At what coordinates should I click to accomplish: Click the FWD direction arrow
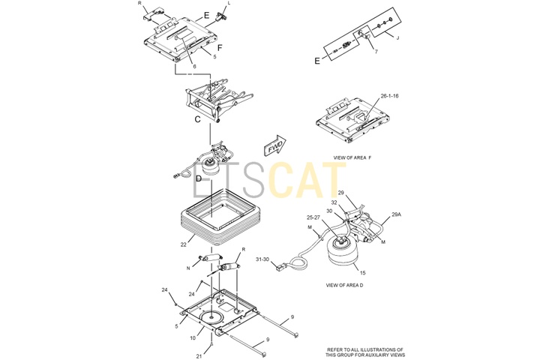pyautogui.click(x=274, y=145)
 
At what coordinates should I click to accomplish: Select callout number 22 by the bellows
pyautogui.click(x=184, y=244)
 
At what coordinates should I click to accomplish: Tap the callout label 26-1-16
pyautogui.click(x=389, y=96)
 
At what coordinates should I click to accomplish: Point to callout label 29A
pyautogui.click(x=397, y=214)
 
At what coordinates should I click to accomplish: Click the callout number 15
pyautogui.click(x=363, y=273)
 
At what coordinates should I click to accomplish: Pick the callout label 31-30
pyautogui.click(x=262, y=259)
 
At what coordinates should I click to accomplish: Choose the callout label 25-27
pyautogui.click(x=313, y=217)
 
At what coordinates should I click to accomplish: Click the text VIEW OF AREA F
pyautogui.click(x=352, y=157)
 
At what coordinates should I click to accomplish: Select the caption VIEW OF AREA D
pyautogui.click(x=344, y=285)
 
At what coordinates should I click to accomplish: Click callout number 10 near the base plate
pyautogui.click(x=193, y=338)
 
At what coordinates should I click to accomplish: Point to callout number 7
pyautogui.click(x=376, y=52)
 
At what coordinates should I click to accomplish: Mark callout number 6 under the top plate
pyautogui.click(x=194, y=67)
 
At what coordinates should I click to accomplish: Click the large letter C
pyautogui.click(x=197, y=119)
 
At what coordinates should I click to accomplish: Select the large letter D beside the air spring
pyautogui.click(x=198, y=178)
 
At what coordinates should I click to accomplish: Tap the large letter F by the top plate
pyautogui.click(x=220, y=48)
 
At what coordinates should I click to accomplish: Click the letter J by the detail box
pyautogui.click(x=397, y=38)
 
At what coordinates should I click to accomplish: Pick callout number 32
pyautogui.click(x=334, y=202)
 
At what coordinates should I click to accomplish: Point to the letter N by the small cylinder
pyautogui.click(x=188, y=268)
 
